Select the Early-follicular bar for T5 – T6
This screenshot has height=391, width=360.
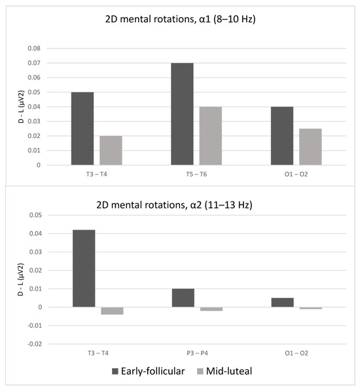(x=182, y=114)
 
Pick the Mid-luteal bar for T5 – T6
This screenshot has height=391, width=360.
(x=211, y=135)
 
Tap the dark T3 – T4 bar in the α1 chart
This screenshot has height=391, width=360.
(x=82, y=128)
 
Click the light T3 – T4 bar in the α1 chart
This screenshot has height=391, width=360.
(x=111, y=150)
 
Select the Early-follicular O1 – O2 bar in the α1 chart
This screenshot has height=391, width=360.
(x=282, y=135)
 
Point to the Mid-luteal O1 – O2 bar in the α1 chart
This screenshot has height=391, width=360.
(x=310, y=146)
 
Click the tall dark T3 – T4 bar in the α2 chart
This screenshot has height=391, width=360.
(x=84, y=268)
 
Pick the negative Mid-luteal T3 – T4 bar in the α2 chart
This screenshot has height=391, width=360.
(x=112, y=311)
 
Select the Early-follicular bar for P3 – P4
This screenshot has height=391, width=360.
(x=183, y=297)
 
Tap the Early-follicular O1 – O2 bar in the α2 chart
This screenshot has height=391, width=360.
(x=282, y=302)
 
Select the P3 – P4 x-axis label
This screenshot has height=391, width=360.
(x=196, y=354)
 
